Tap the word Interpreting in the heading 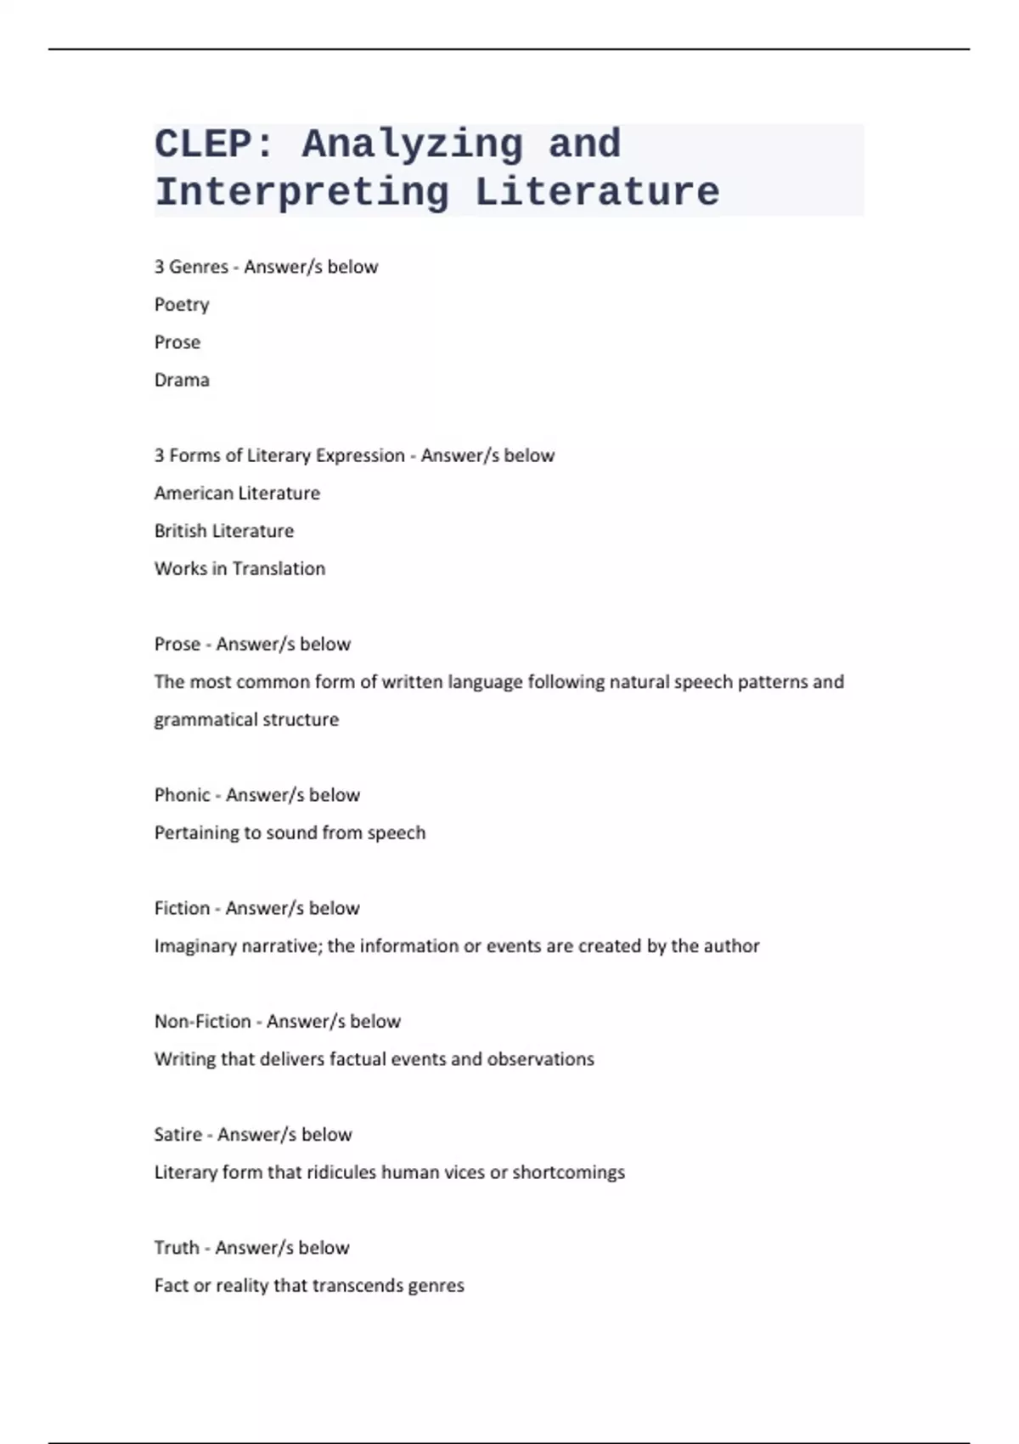[x=302, y=193]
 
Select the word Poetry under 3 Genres [x=182, y=305]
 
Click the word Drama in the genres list [x=182, y=380]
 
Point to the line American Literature [x=237, y=494]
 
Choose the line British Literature [x=224, y=531]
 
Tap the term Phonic [x=182, y=795]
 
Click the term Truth [x=177, y=1248]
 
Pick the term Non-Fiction [x=202, y=1021]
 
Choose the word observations [x=540, y=1059]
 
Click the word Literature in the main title [x=597, y=193]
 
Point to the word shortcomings [x=568, y=1172]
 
